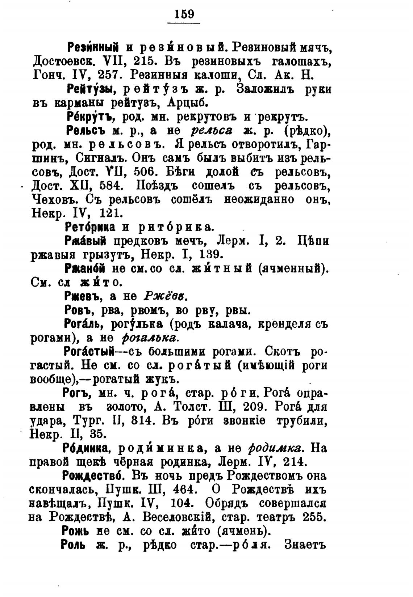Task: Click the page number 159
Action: [x=184, y=14]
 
